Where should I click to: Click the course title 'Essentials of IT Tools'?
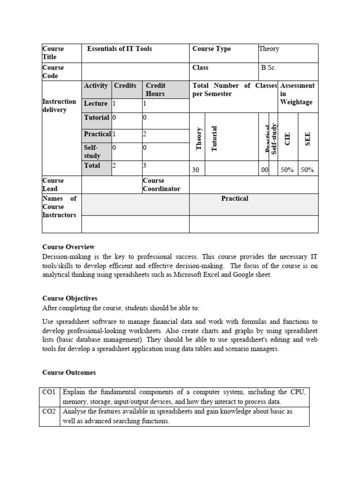pos(120,49)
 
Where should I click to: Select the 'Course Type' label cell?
pos(211,49)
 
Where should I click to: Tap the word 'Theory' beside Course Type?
pos(269,49)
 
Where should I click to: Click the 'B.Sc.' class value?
pos(269,67)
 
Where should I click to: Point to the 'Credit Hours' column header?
pos(155,90)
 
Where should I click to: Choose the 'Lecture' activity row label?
pos(96,104)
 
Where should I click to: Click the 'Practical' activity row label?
pos(97,134)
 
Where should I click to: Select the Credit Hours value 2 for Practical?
pos(145,134)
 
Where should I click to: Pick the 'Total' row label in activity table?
pos(92,165)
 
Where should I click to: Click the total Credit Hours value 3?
pos(145,165)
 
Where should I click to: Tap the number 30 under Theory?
pos(196,170)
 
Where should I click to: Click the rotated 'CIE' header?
pos(288,139)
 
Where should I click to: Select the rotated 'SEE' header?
pos(308,139)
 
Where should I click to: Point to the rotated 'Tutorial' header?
pos(215,139)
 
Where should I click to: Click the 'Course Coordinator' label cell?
pos(161,185)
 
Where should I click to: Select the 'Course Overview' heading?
pos(68,247)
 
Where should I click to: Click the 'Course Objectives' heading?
pos(70,298)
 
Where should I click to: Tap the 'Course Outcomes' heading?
pos(69,373)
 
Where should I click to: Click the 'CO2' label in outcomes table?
pos(49,412)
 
